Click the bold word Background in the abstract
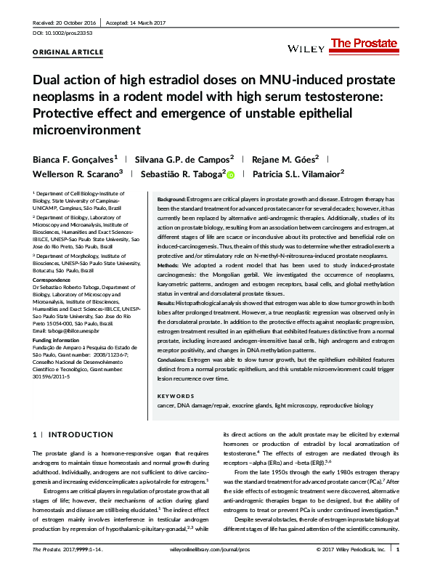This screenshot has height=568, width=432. coord(172,198)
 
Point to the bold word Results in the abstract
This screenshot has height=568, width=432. coord(168,302)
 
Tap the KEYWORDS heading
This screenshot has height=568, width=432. coord(175,396)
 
